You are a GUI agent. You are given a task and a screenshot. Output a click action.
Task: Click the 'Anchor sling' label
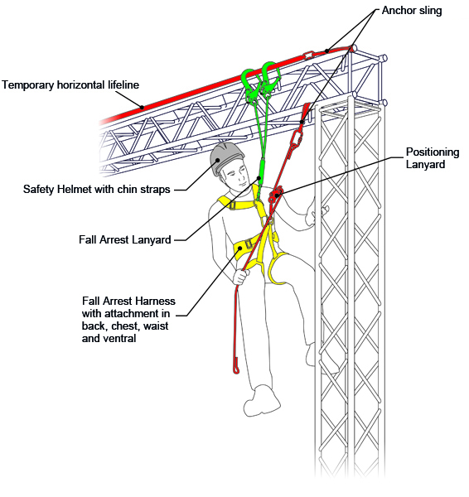point(412,11)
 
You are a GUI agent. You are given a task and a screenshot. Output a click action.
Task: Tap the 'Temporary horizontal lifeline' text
point(70,85)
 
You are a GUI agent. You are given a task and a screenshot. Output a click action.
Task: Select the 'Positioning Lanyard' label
point(433,158)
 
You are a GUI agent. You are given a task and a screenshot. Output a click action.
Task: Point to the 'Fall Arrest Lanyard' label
point(125,239)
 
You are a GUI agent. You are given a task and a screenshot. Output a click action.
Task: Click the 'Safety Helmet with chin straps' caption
point(97,189)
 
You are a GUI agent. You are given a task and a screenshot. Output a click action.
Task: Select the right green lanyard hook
point(270,78)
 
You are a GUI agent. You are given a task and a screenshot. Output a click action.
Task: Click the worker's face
point(237,176)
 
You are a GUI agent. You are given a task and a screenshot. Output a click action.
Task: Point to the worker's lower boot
point(261,401)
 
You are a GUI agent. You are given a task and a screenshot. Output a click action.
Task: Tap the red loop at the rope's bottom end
point(235,364)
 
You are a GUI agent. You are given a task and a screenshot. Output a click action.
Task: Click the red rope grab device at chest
point(275,195)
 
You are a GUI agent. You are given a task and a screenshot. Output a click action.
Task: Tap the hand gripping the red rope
point(241,276)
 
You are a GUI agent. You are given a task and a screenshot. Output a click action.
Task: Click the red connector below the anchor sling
point(297,139)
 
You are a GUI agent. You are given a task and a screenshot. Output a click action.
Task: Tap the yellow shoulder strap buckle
point(232,205)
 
